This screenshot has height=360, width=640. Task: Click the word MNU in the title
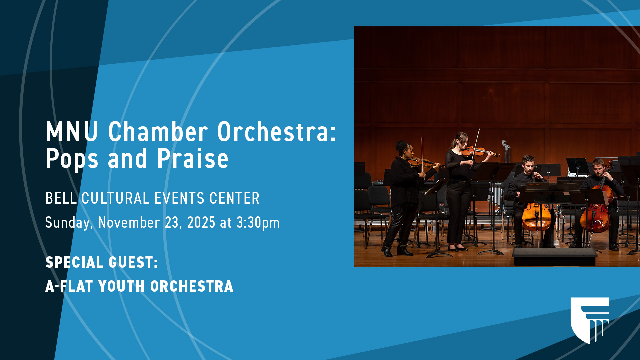72,132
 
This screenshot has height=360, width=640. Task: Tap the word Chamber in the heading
158,132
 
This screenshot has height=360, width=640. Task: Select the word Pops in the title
72,159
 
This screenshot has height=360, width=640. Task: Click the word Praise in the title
193,159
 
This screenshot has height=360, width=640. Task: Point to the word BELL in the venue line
61,198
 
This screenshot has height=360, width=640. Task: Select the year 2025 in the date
201,223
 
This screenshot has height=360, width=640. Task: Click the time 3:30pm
258,223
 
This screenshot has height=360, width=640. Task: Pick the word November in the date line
129,223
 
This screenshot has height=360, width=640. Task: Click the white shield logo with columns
589,319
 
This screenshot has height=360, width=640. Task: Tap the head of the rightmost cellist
599,168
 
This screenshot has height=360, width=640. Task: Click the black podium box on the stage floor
555,256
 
